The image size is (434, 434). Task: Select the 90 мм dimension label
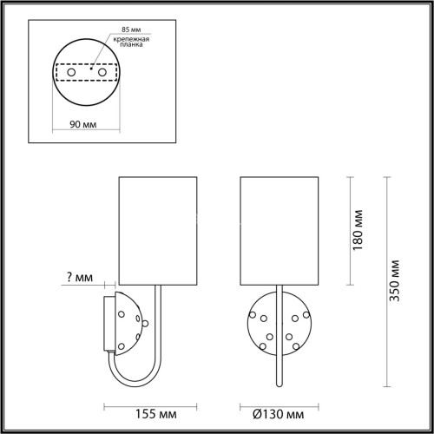pyautogui.click(x=83, y=124)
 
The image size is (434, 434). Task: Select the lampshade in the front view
pyautogui.click(x=279, y=231)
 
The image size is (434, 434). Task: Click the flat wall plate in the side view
pyautogui.click(x=107, y=322)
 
